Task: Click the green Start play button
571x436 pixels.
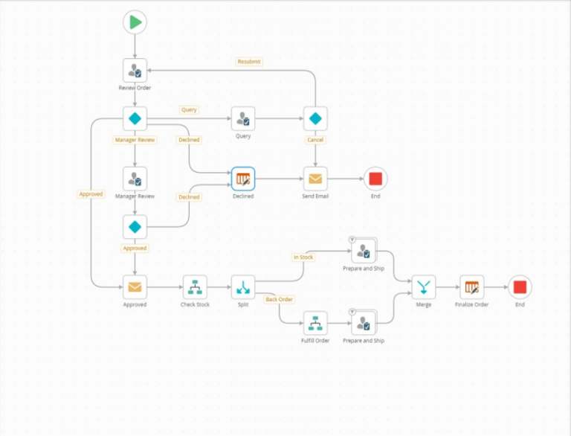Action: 135,22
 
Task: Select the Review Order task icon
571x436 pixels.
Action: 135,71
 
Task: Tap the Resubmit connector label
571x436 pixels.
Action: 249,62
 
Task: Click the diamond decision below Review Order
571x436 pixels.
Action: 135,118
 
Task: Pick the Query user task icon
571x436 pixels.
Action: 242,118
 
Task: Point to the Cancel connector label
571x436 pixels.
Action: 315,140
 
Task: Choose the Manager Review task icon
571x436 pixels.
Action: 135,179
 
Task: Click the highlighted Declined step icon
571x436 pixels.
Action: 242,179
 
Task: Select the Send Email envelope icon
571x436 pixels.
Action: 315,179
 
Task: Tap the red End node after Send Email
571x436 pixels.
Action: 375,179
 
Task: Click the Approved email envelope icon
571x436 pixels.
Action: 135,286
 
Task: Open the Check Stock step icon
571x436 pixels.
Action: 195,286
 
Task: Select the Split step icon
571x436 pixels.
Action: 242,286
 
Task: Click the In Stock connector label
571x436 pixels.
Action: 303,257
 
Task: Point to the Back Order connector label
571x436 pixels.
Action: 280,299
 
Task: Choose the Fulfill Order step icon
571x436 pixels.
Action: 315,323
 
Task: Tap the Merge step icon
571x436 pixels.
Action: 424,286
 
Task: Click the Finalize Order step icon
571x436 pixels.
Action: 471,286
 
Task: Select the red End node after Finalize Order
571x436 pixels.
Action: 520,286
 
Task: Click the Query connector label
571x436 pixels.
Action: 189,110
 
